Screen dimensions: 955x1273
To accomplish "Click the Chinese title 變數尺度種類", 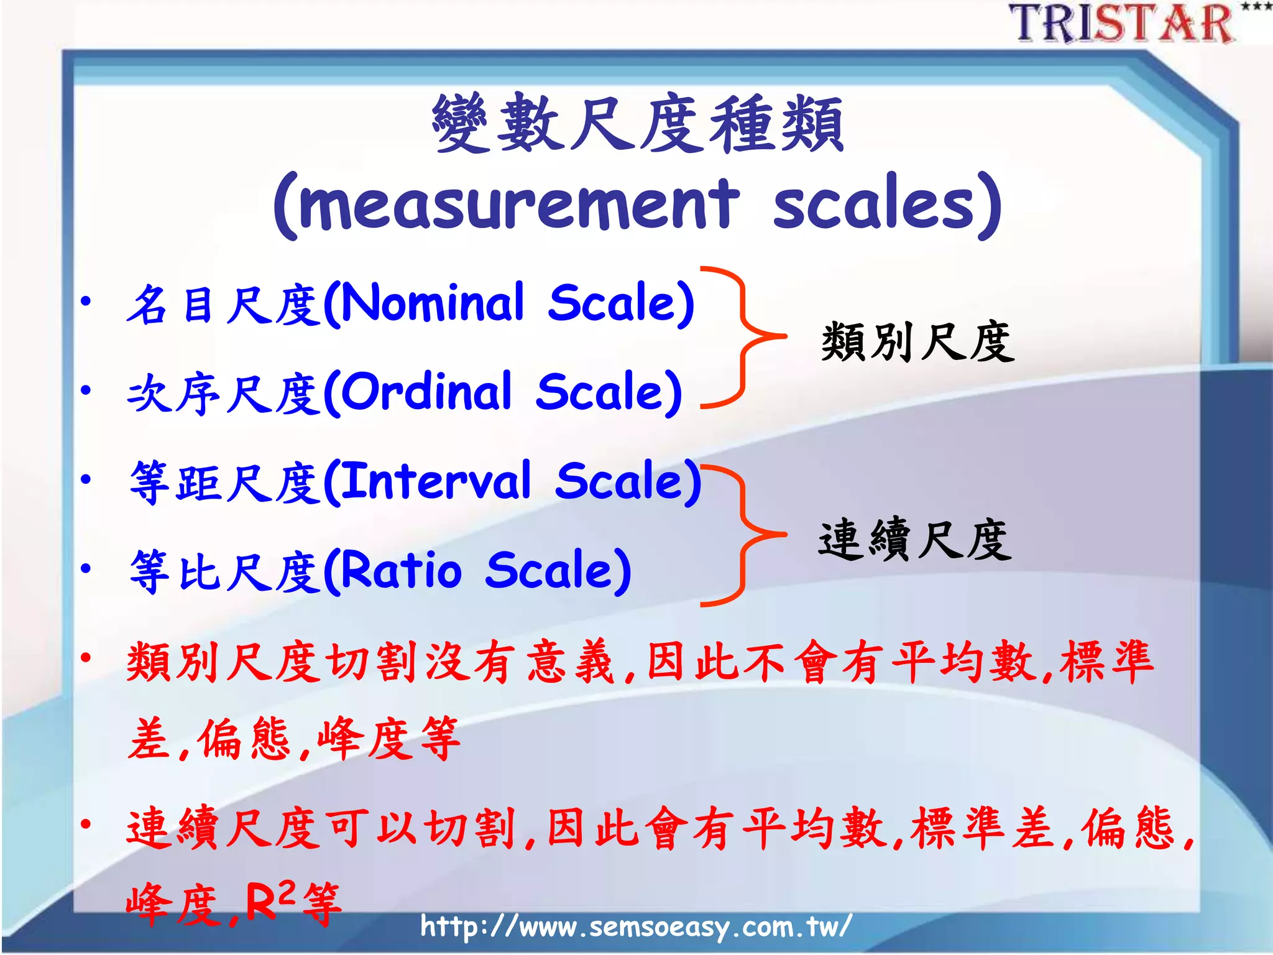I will tap(638, 124).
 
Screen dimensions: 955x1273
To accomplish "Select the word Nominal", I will tap(433, 303).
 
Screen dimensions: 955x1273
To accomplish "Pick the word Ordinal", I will tap(427, 392).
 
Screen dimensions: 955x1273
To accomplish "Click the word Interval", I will tap(436, 482).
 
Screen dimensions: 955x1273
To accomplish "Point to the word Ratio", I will tap(402, 571).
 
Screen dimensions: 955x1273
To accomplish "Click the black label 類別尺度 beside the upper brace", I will tap(917, 341).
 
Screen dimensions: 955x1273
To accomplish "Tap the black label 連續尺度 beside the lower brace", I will tap(915, 540).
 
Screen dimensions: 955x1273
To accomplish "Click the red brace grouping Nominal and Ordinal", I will tap(743, 337).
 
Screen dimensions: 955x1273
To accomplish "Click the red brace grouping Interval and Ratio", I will tap(743, 535).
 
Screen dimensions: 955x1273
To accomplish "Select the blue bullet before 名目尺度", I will tap(86, 303).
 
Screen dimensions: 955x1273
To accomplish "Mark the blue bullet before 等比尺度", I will tap(86, 569).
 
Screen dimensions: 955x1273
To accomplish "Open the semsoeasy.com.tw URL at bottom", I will tap(635, 927).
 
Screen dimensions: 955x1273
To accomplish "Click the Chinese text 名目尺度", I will tap(224, 305).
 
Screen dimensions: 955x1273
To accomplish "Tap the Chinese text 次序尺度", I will tap(224, 394).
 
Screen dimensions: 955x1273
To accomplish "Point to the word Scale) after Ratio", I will tap(558, 571).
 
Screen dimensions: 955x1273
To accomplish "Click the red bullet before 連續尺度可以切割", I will tap(86, 825).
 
